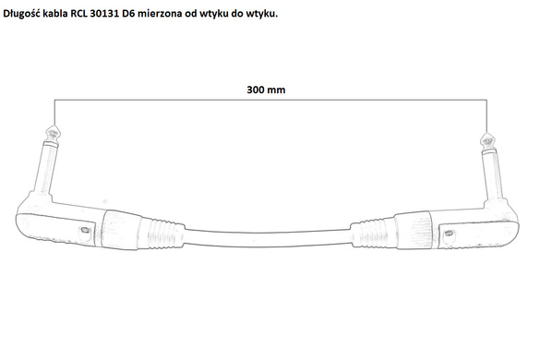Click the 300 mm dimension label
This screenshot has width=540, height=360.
pyautogui.click(x=266, y=90)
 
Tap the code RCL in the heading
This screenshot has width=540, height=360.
pyautogui.click(x=79, y=14)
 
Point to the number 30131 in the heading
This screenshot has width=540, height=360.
pyautogui.click(x=105, y=14)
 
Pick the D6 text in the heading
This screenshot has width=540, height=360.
pyautogui.click(x=129, y=14)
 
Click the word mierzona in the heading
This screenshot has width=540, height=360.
pyautogui.click(x=159, y=14)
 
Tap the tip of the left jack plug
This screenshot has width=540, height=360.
pyautogui.click(x=53, y=126)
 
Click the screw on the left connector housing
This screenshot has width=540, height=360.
pyautogui.click(x=84, y=230)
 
